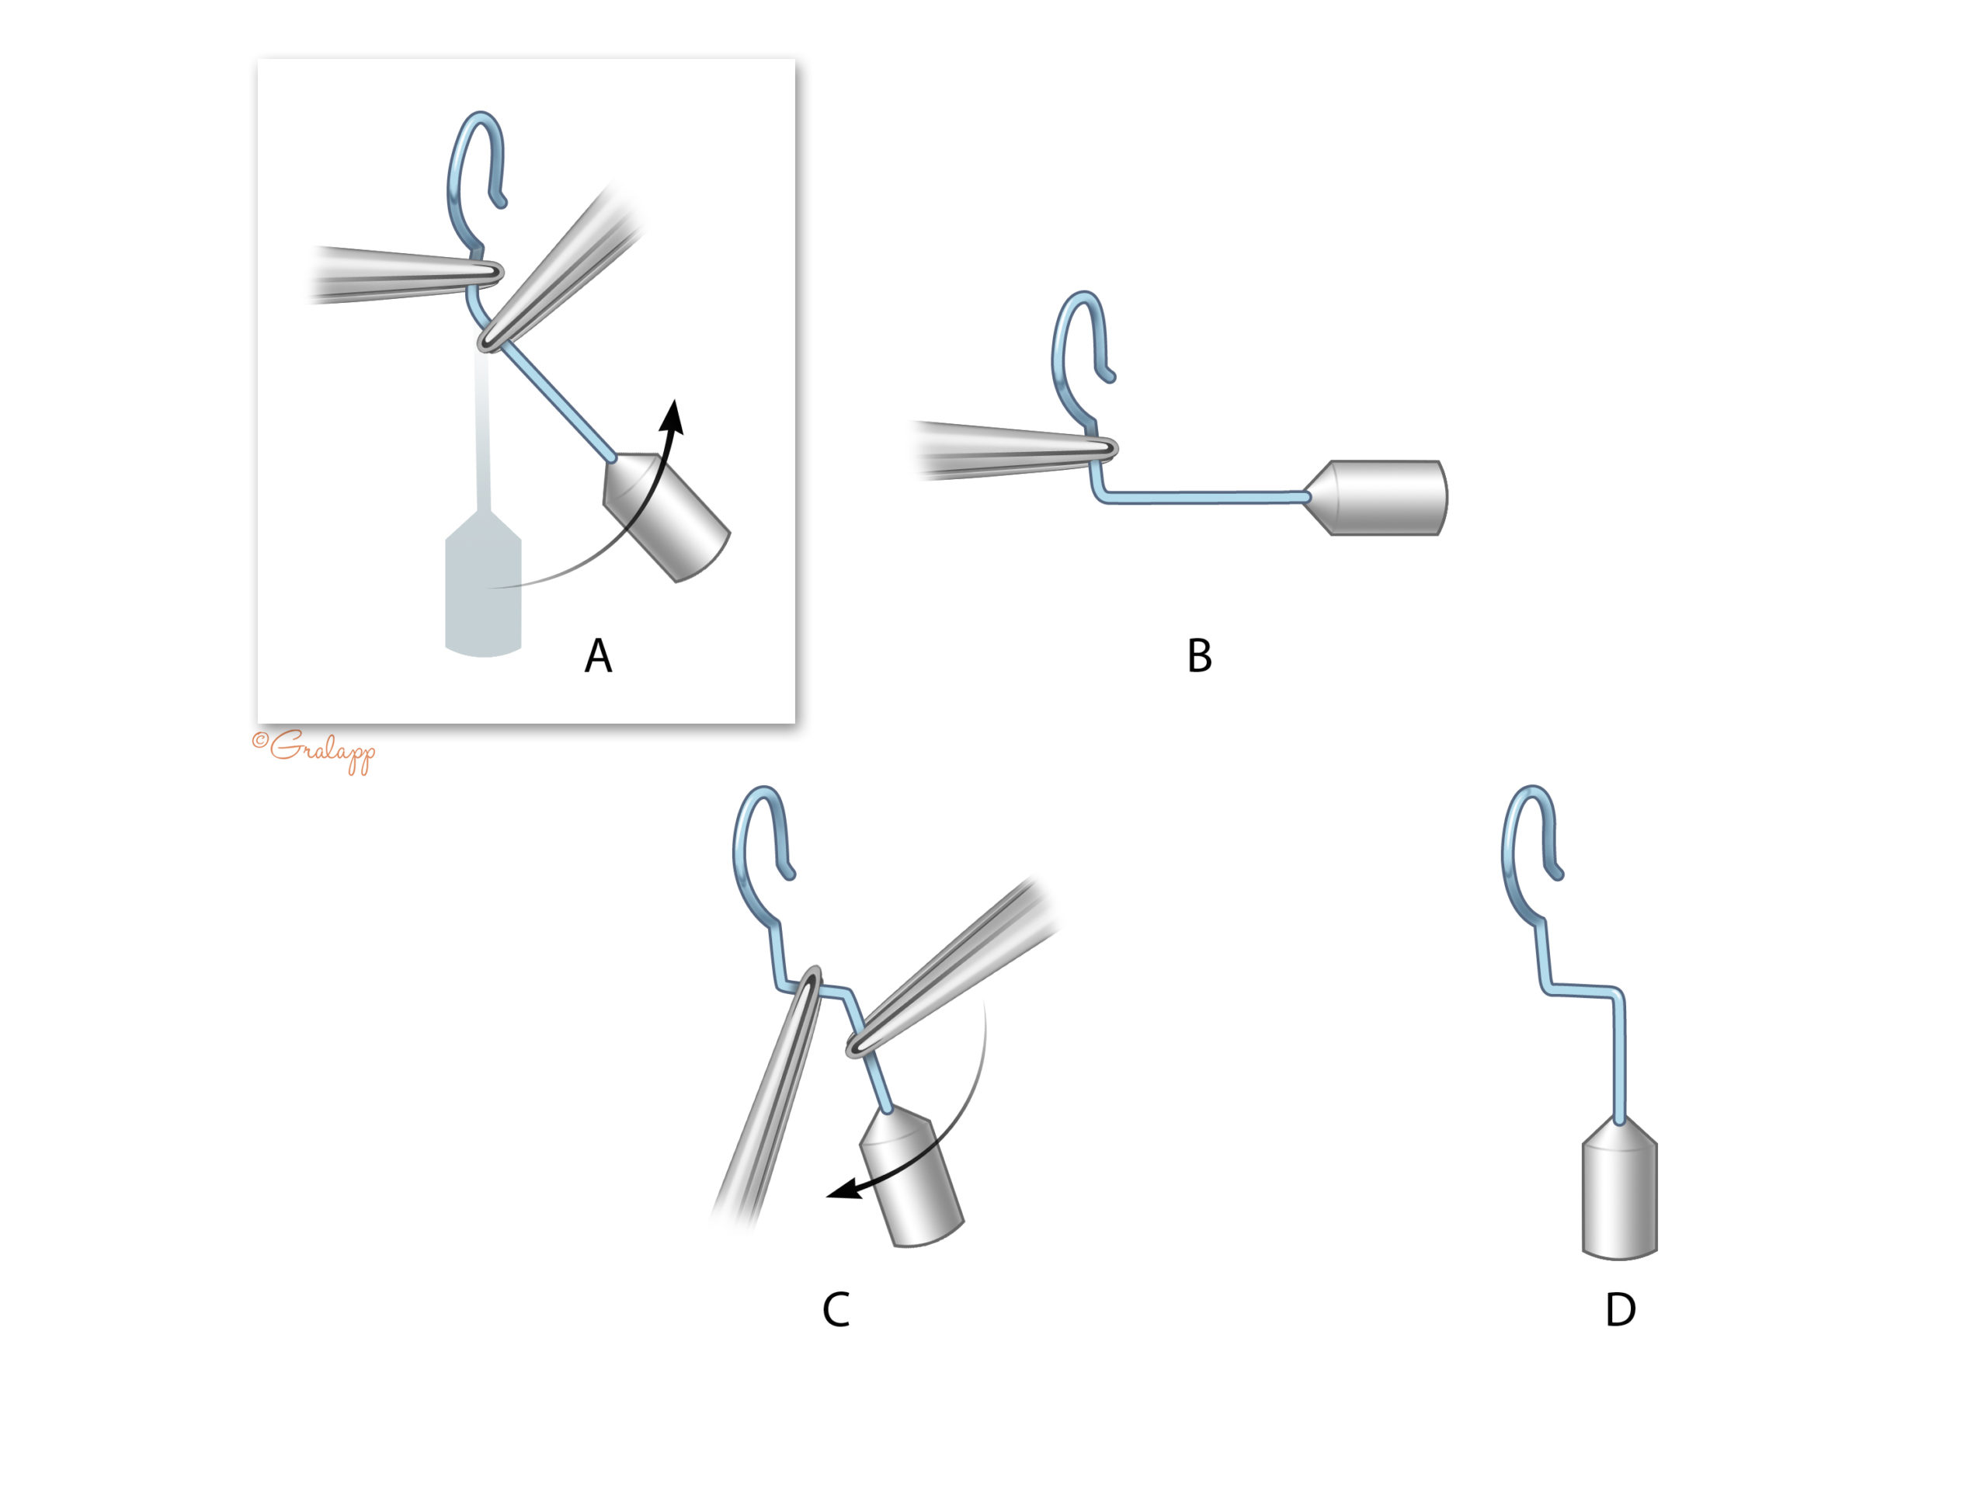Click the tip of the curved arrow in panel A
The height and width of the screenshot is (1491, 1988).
point(674,400)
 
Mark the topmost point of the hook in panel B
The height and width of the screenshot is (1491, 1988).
point(1083,293)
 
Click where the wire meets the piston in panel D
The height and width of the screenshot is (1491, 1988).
point(1619,1121)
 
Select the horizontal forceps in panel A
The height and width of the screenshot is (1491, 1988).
point(406,273)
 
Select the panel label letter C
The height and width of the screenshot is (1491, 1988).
point(836,1309)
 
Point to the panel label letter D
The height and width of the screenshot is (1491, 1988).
point(1621,1309)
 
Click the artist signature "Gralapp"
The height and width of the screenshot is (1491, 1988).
point(314,750)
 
